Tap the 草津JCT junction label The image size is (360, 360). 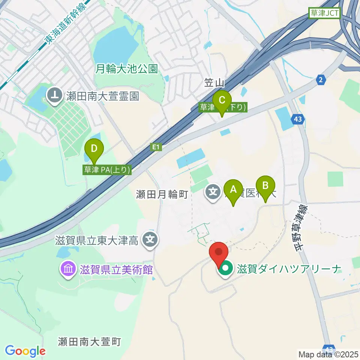(x=324, y=14)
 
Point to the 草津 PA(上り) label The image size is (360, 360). (x=107, y=170)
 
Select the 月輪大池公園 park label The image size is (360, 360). (x=127, y=69)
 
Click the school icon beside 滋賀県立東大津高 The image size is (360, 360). (x=150, y=238)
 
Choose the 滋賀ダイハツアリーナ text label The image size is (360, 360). (x=288, y=269)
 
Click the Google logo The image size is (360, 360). (x=25, y=351)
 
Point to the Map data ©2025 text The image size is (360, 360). (x=328, y=354)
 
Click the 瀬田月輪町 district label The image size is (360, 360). (x=162, y=194)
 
